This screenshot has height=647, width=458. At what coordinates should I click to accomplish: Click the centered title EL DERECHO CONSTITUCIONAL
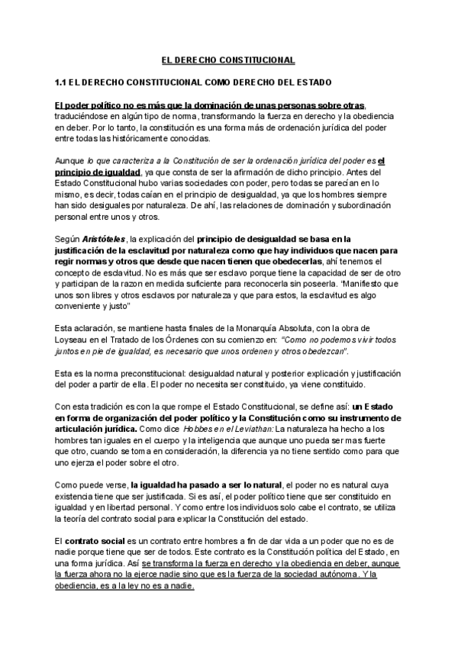[x=229, y=60]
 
